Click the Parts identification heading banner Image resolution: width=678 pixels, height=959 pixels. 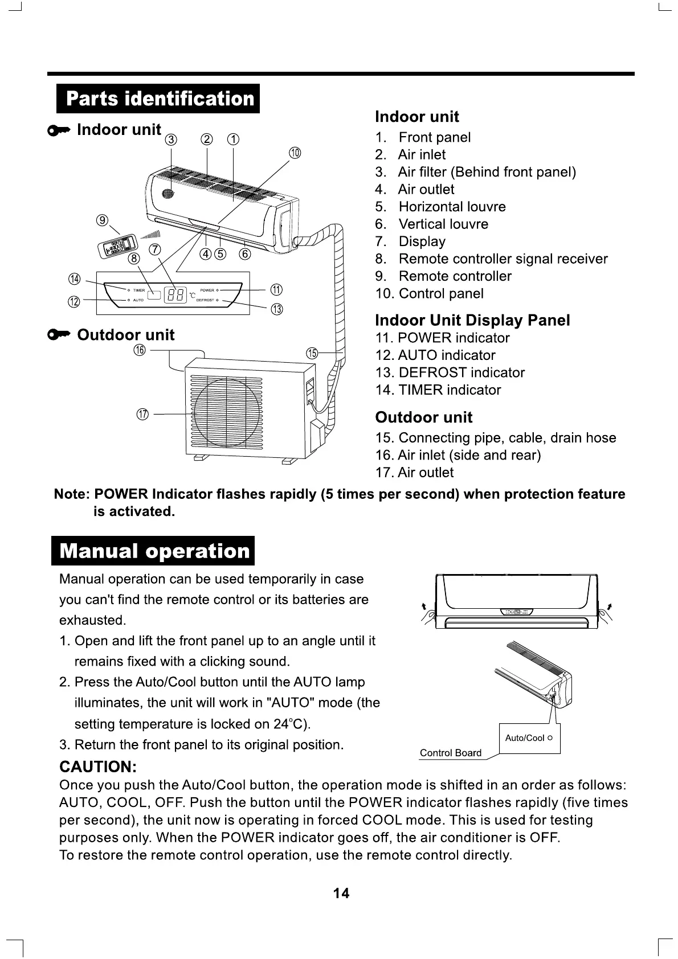(x=158, y=99)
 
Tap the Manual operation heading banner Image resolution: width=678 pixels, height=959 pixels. (x=153, y=551)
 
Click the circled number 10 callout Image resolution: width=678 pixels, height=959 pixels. (x=295, y=153)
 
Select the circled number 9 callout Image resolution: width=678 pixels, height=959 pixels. (x=103, y=220)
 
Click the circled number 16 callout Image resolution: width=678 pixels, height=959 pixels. (x=140, y=350)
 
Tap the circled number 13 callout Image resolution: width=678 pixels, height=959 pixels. (x=277, y=309)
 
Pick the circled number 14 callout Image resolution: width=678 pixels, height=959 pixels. (x=75, y=278)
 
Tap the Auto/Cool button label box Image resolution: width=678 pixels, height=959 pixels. (x=529, y=738)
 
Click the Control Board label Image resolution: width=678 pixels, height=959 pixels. (x=450, y=753)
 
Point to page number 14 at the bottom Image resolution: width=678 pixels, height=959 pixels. (x=341, y=894)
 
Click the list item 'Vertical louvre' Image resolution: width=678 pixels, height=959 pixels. (x=443, y=224)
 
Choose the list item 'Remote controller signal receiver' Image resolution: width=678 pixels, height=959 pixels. (x=503, y=259)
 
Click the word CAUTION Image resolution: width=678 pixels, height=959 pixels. (x=97, y=767)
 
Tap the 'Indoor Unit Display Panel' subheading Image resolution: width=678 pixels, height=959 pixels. (x=472, y=320)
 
